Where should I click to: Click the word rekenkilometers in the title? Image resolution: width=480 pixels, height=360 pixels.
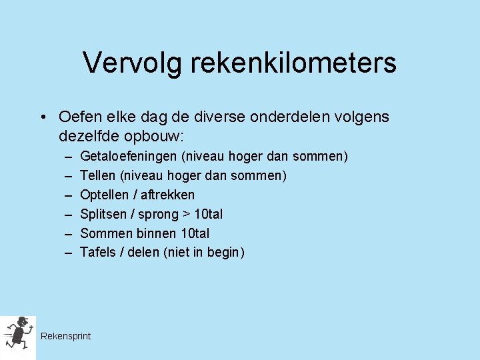(x=293, y=63)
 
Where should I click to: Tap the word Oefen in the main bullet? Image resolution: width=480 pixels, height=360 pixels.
(x=77, y=117)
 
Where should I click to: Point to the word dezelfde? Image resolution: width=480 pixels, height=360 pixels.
(x=89, y=136)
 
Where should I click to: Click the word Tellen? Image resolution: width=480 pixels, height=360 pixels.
(x=98, y=175)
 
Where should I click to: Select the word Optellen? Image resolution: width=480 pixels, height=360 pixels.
(x=104, y=195)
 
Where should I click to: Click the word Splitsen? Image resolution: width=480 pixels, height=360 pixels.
(x=103, y=214)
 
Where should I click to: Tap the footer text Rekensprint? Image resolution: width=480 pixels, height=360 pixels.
(x=65, y=336)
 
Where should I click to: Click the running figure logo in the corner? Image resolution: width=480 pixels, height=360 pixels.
(x=18, y=334)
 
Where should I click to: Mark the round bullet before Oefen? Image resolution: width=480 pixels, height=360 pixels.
(x=43, y=118)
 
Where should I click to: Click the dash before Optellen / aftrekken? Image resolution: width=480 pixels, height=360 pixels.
(x=69, y=195)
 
